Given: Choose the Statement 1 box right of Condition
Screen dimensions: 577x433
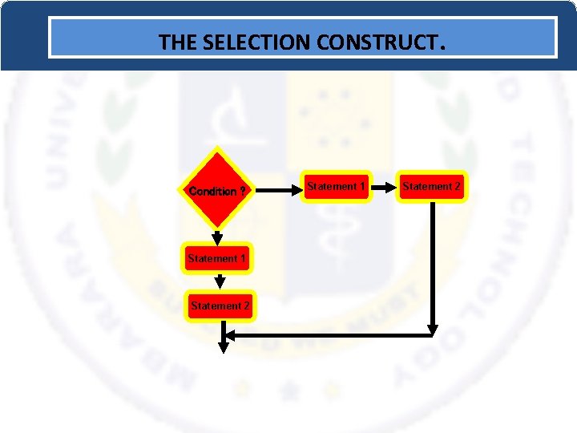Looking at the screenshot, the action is (337, 187).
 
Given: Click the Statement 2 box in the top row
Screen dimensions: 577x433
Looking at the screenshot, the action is (432, 187).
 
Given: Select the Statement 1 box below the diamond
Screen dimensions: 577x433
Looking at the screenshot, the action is (217, 258).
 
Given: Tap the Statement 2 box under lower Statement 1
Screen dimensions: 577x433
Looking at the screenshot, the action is (220, 306).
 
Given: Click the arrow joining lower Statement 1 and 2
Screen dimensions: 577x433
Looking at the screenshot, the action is (220, 281).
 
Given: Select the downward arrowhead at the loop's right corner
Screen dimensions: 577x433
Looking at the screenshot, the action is (433, 330).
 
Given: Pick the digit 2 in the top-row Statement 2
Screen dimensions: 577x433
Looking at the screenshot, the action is (458, 187).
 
